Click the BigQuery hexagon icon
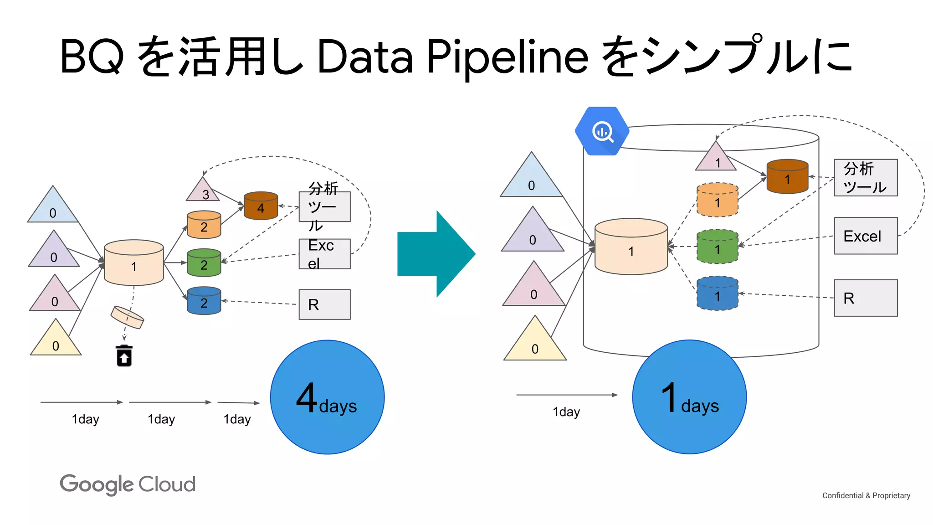(602, 131)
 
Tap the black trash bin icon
(124, 355)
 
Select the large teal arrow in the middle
(436, 254)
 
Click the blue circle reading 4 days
(327, 397)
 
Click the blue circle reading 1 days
(689, 397)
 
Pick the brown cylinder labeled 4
(261, 206)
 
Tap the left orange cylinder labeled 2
(204, 225)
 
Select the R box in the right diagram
(865, 298)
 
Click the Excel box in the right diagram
(865, 236)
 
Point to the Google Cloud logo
(128, 484)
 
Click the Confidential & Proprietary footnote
(866, 495)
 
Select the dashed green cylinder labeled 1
(717, 247)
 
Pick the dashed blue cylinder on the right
(717, 293)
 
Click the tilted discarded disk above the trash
(127, 317)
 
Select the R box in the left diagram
(324, 304)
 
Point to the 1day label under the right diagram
(566, 412)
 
